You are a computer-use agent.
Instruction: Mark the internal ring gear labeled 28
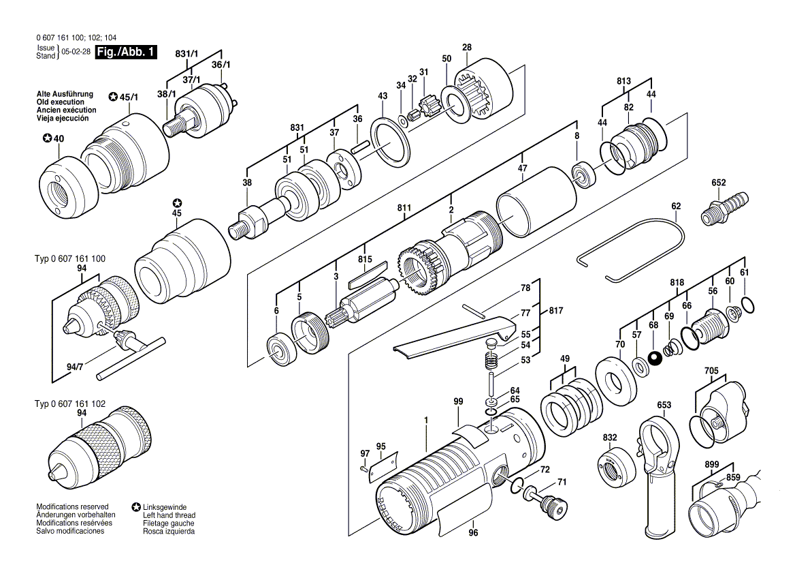480,89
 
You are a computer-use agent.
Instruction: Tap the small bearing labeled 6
278,349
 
